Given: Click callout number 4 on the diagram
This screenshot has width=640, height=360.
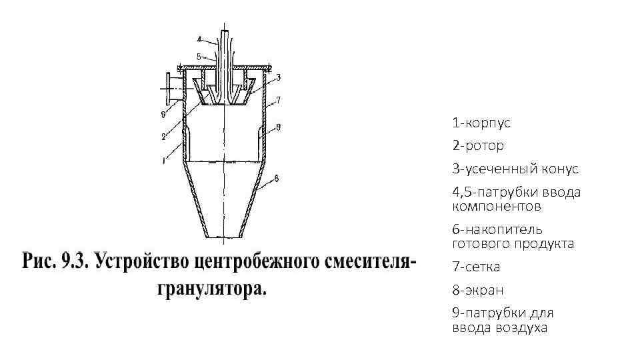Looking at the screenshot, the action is click(x=199, y=38).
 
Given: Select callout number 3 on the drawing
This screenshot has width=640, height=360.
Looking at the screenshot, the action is click(x=278, y=77).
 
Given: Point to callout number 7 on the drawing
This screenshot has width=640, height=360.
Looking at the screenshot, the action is click(x=278, y=99).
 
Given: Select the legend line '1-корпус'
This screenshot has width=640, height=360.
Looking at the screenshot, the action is click(x=481, y=123).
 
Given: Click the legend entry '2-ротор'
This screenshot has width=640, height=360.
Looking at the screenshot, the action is click(x=478, y=145).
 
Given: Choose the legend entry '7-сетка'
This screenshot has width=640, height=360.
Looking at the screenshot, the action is click(x=476, y=267).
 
